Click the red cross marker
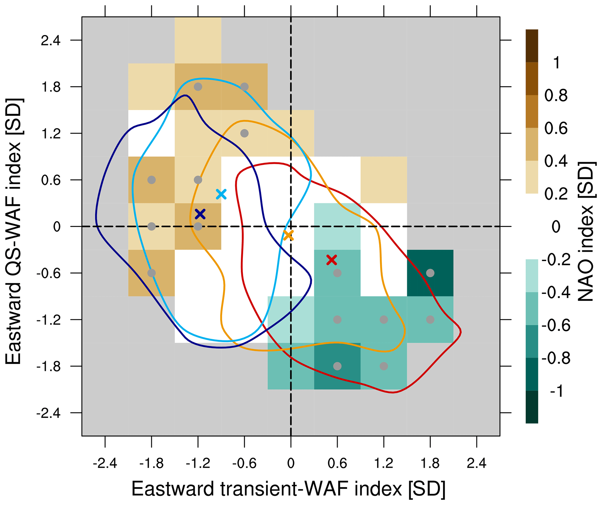point(331,259)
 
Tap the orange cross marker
point(288,235)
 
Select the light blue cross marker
point(221,194)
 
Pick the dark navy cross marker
point(200,214)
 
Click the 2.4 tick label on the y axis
point(51,41)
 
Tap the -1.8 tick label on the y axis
point(48,366)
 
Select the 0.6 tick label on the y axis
point(51,180)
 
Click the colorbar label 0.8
point(556,96)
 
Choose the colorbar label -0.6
point(556,325)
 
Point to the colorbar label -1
point(557,391)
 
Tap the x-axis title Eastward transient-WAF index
point(288,489)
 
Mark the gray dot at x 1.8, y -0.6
point(430,273)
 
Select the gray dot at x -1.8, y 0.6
point(151,180)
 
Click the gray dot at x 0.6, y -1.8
point(337,366)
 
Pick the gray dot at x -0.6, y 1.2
point(244,133)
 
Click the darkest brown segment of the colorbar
point(532,46)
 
